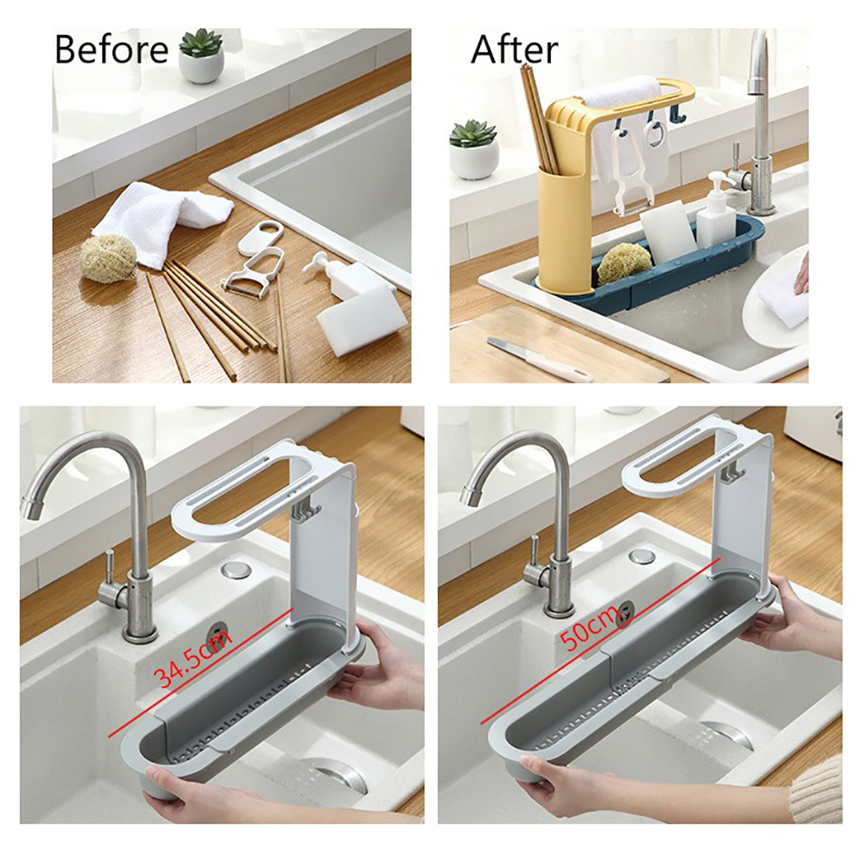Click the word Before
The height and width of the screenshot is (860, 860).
(x=112, y=50)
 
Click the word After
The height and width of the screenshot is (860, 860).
(x=514, y=50)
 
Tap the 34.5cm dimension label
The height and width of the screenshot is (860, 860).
(x=194, y=658)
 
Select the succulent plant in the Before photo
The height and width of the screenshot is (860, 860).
(x=202, y=56)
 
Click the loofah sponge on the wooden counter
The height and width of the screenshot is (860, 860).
(x=108, y=256)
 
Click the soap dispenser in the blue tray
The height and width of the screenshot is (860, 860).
(x=716, y=208)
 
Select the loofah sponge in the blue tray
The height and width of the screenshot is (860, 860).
(x=624, y=263)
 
